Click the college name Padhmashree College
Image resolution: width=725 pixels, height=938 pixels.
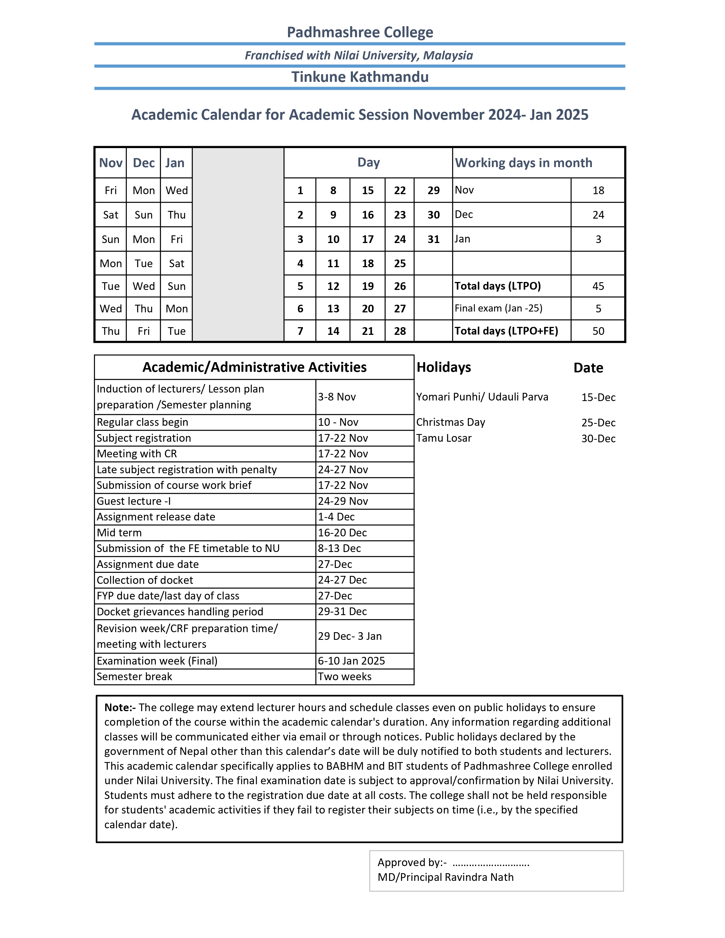coord(360,32)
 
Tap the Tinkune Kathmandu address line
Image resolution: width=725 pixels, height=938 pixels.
coord(360,77)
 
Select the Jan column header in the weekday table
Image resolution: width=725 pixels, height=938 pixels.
coord(175,163)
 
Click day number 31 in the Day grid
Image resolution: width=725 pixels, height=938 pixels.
coord(433,239)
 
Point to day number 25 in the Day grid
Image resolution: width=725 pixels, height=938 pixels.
coord(399,263)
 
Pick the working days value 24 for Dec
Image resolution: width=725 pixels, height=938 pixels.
coord(598,215)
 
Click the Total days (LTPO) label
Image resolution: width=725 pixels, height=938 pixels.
coord(497,286)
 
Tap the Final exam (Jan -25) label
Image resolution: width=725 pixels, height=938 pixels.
coord(498,308)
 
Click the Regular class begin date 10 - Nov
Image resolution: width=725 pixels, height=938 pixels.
coord(338,422)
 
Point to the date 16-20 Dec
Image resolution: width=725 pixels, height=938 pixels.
coord(342,533)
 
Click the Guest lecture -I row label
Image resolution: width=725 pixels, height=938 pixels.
coord(134,501)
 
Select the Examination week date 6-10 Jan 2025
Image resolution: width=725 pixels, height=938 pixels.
coord(351,661)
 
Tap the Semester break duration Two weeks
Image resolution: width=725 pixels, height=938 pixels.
coord(345,676)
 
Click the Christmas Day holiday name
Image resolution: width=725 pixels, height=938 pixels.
coord(451,422)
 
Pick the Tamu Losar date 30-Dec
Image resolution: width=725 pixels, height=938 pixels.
coord(598,439)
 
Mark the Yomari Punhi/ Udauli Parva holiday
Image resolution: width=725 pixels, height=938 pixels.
coord(482,397)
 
